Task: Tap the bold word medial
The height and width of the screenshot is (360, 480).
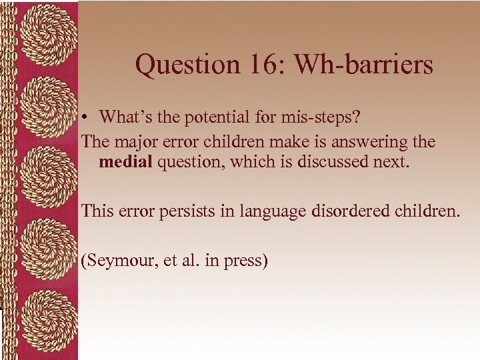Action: click(x=125, y=162)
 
